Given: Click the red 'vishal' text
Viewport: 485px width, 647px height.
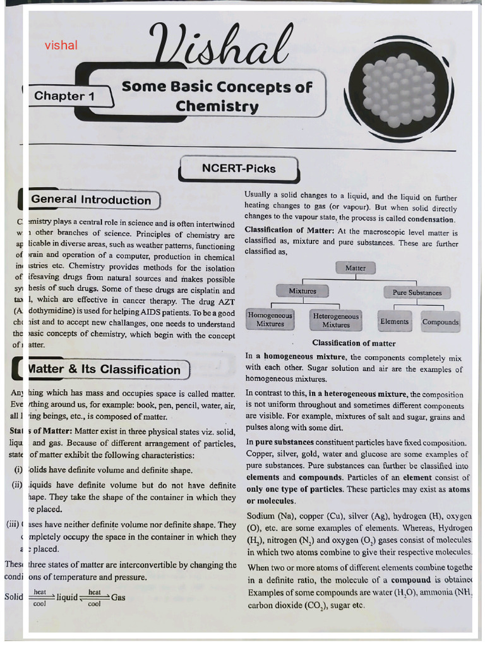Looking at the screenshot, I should click(x=61, y=45).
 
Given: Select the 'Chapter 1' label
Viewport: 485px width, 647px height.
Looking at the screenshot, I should click(x=64, y=96).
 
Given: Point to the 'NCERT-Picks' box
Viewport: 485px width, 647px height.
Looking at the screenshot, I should click(x=239, y=169).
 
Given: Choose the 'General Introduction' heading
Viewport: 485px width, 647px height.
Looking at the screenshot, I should click(x=91, y=200).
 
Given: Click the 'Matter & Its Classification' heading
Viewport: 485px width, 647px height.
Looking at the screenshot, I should click(x=105, y=370).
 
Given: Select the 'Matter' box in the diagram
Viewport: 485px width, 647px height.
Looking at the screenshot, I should click(x=356, y=268).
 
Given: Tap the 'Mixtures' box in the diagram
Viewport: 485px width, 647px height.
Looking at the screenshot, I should click(x=302, y=291).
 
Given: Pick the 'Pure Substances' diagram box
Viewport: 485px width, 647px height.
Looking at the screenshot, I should click(x=417, y=293).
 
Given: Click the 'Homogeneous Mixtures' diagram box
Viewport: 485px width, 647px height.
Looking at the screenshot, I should click(x=270, y=320).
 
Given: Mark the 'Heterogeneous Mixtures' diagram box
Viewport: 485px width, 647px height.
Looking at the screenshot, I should click(x=336, y=320).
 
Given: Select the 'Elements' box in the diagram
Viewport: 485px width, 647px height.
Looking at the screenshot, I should click(x=395, y=322).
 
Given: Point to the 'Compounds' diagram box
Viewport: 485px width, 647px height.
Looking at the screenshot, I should click(x=440, y=322).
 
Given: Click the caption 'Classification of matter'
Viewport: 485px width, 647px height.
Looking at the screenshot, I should click(x=354, y=344).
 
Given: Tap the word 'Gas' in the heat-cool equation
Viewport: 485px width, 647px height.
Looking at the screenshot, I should click(x=118, y=597).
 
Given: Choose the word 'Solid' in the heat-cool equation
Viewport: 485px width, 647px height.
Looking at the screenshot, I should click(x=14, y=597).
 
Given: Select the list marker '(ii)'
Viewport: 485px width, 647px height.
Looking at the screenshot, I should click(x=17, y=485).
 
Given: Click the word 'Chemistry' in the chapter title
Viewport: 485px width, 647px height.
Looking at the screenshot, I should click(x=217, y=106).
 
